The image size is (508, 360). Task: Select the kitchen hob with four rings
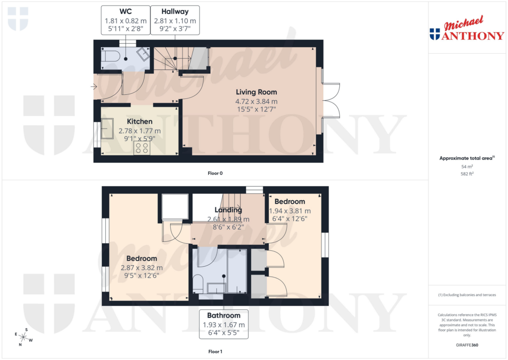click(141, 147)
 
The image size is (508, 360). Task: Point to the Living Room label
click(256, 92)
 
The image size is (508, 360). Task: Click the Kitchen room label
click(139, 121)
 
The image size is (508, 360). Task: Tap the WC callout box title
click(126, 11)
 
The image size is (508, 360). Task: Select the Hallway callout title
click(175, 11)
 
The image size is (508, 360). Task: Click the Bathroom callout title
click(223, 315)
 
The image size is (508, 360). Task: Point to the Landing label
click(228, 210)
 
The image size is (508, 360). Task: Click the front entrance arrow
click(94, 87)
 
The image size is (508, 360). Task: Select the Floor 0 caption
click(215, 173)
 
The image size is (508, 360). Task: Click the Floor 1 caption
click(215, 352)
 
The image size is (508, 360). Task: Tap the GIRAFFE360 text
click(467, 345)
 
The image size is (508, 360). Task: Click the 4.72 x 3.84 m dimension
click(256, 101)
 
